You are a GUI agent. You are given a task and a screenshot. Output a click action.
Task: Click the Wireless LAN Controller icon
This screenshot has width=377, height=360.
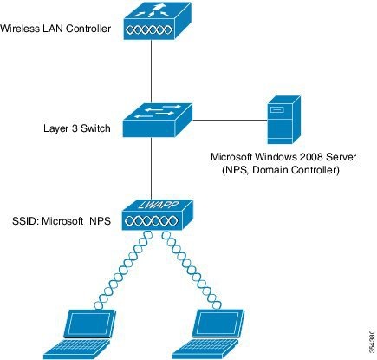point(158,21)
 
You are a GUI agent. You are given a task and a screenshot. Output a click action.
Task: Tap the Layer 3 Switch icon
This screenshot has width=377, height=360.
point(158,120)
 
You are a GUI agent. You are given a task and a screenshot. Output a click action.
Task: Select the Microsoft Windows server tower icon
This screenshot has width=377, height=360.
point(283,120)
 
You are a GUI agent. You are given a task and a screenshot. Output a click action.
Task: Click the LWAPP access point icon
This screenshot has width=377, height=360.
point(157,215)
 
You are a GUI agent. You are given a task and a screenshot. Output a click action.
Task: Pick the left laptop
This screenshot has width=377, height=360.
point(80,335)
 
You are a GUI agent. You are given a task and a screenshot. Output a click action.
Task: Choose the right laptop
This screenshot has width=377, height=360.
point(208,335)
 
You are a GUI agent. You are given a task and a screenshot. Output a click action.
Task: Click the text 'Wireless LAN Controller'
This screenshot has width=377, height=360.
point(55,29)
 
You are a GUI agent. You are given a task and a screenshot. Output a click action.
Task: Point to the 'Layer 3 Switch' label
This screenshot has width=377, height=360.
point(77,128)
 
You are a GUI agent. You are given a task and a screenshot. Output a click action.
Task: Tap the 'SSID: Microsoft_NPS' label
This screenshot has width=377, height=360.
point(62,221)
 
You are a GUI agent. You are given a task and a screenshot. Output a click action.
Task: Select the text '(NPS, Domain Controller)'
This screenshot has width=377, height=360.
point(281,170)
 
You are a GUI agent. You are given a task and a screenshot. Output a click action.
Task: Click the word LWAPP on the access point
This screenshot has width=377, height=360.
point(158,205)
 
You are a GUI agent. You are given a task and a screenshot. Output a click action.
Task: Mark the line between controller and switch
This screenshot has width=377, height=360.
point(151,71)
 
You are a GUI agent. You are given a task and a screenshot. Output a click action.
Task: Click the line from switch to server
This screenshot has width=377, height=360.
point(230,120)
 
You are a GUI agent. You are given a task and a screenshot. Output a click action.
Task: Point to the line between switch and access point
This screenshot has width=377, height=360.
point(151,168)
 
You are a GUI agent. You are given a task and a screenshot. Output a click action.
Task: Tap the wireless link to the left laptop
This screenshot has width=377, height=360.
point(125,270)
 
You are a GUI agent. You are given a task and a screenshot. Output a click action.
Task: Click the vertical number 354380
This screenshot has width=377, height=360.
point(373,341)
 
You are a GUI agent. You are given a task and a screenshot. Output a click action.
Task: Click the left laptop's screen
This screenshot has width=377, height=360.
point(89,324)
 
